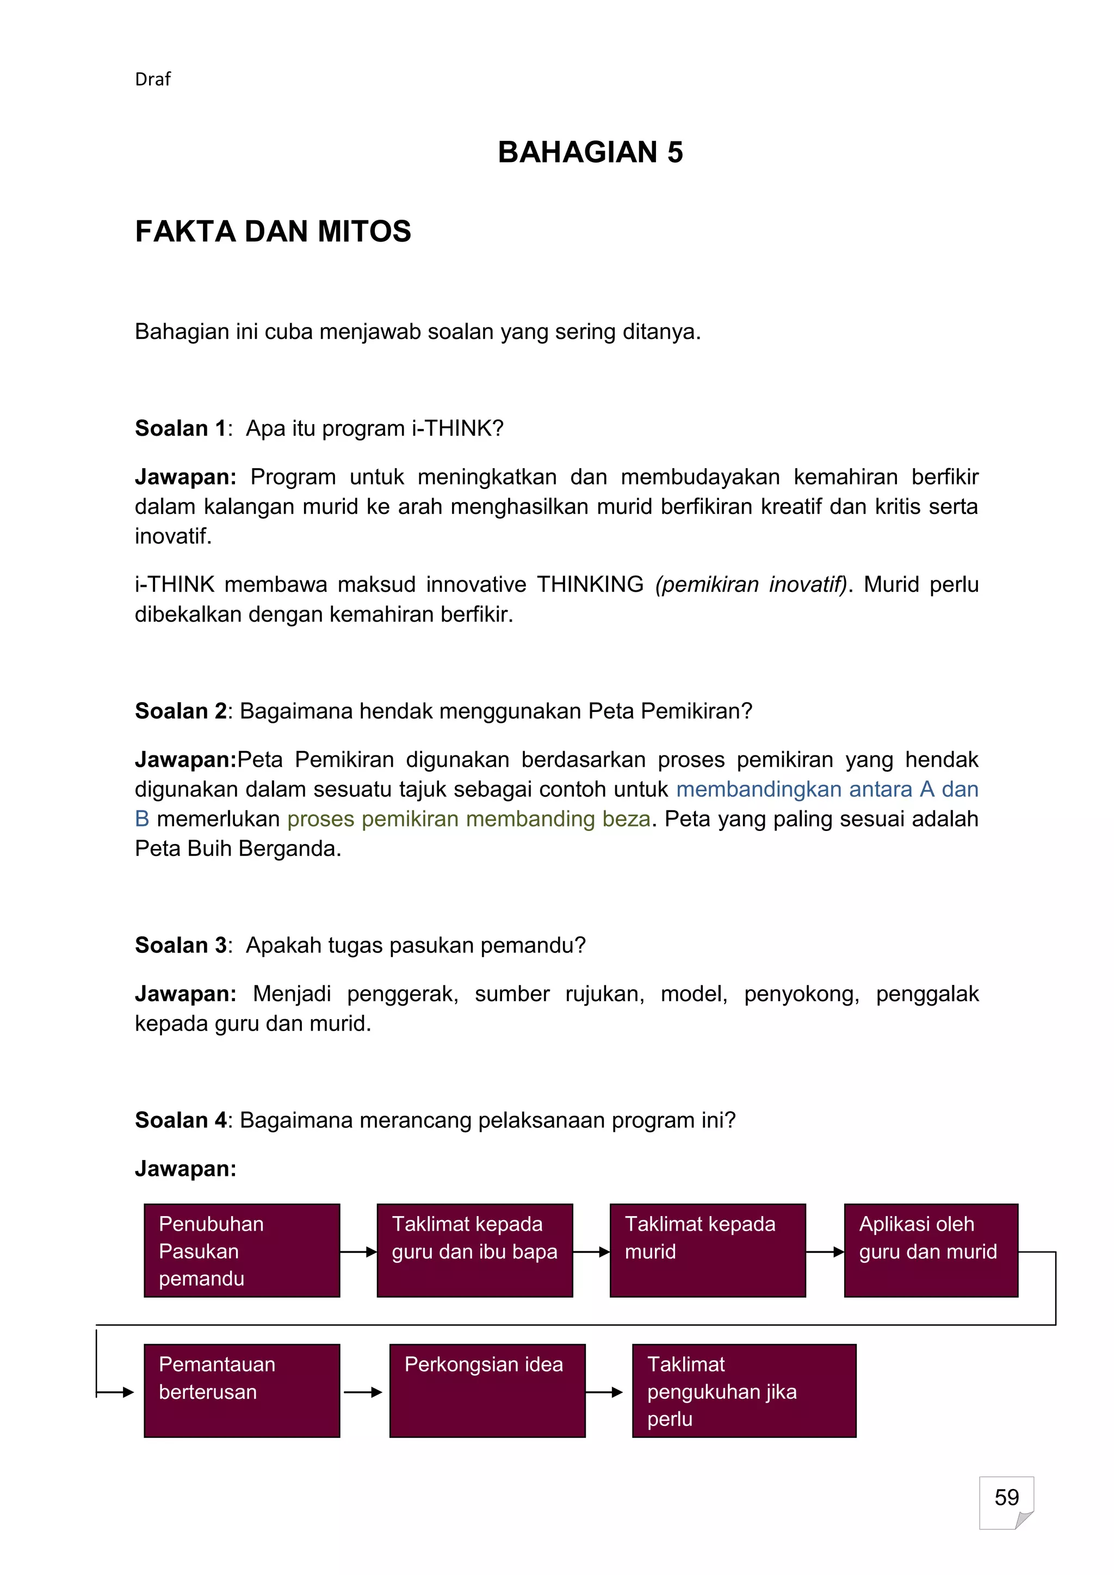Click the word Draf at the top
(x=152, y=79)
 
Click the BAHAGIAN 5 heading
(x=590, y=152)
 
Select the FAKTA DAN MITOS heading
(x=273, y=232)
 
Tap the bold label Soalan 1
(x=181, y=429)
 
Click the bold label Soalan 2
(x=181, y=711)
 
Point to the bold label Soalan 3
(x=181, y=945)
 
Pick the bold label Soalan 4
(x=181, y=1120)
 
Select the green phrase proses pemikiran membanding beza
(x=468, y=819)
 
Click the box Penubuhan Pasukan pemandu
(x=242, y=1250)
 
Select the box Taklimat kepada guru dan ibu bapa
(x=475, y=1250)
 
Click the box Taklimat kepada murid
(x=707, y=1250)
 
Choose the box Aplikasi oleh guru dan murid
(x=931, y=1250)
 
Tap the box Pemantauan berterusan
(x=242, y=1391)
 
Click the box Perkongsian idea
(x=487, y=1391)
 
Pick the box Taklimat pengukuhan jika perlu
(x=744, y=1391)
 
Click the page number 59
(x=1006, y=1497)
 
